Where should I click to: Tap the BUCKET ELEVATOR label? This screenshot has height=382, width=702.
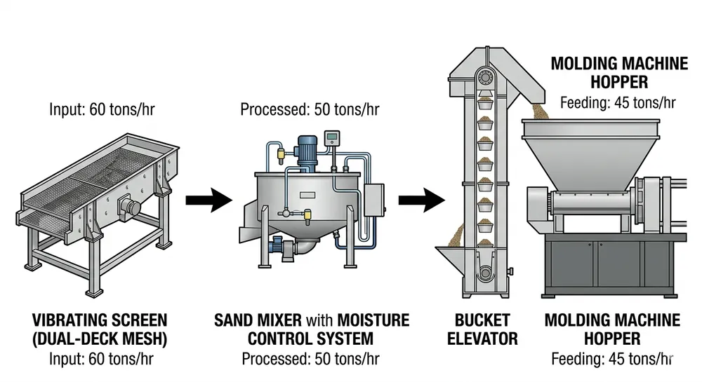click(483, 329)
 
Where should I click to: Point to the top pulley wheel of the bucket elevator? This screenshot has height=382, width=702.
click(484, 76)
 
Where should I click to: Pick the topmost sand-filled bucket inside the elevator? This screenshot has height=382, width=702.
click(484, 104)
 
